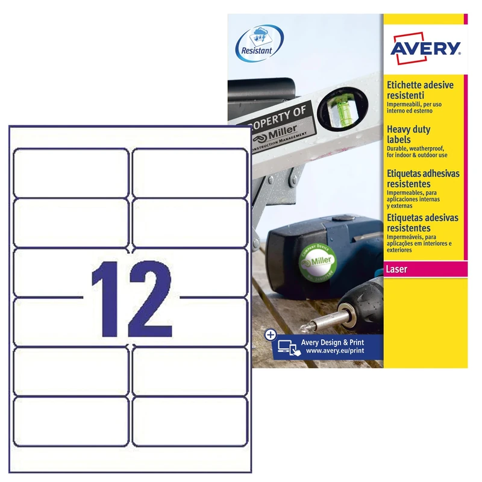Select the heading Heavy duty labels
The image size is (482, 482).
(x=408, y=134)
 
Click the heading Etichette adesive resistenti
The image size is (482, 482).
(x=419, y=90)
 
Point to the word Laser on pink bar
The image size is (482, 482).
(x=398, y=269)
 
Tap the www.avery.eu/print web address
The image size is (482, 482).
(x=334, y=350)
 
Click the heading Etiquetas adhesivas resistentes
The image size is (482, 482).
(x=422, y=178)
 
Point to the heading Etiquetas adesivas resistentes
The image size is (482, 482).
(x=422, y=223)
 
